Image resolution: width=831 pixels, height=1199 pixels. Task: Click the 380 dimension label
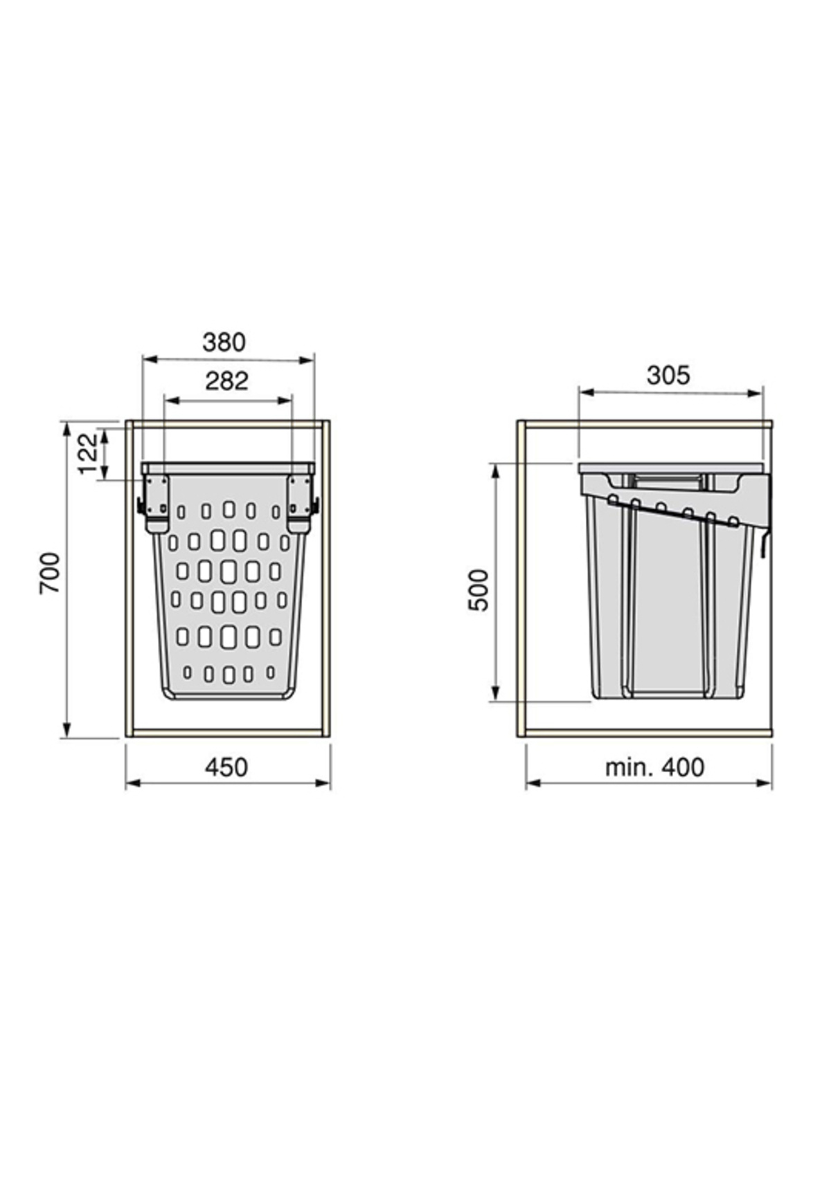[x=224, y=342]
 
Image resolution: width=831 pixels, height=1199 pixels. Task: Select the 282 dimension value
[x=226, y=381]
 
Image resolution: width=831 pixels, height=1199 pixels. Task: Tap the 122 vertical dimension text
[x=88, y=454]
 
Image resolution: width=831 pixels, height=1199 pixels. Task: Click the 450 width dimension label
[x=226, y=767]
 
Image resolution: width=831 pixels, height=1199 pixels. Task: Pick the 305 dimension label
[x=668, y=375]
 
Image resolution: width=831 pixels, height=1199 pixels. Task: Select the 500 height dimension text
[x=479, y=589]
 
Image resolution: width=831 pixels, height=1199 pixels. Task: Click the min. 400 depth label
[x=654, y=767]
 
